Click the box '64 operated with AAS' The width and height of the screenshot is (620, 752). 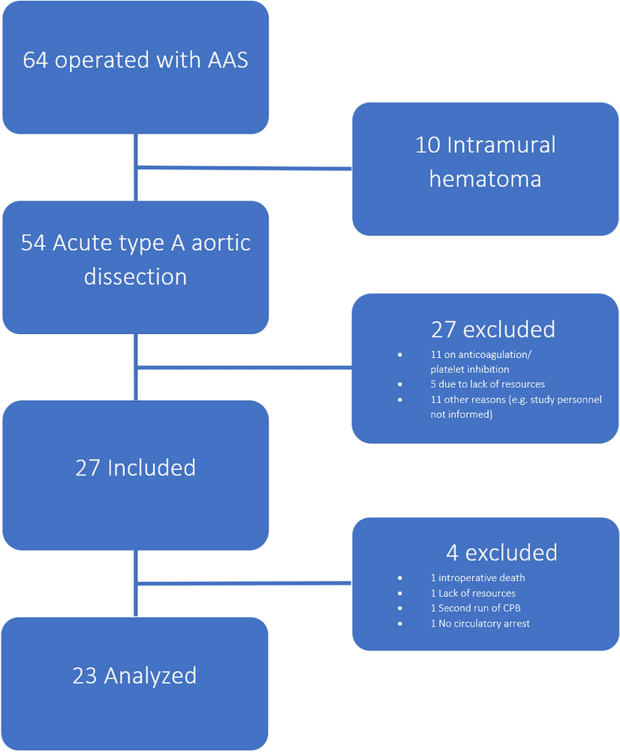coord(135,68)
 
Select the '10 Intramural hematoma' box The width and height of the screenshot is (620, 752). coord(485,169)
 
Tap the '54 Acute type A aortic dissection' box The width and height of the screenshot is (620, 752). coord(135,267)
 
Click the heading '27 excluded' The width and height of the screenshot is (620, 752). coord(492,329)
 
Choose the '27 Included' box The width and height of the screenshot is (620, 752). coord(135,474)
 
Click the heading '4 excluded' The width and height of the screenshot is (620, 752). coord(501,552)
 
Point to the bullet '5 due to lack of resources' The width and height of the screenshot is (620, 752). coord(487,384)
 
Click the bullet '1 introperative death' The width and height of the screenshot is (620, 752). coord(477,578)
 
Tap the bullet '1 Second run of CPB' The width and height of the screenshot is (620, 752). coord(475,608)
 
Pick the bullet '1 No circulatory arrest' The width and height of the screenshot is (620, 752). coord(480,623)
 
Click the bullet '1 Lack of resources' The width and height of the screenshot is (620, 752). coord(473,593)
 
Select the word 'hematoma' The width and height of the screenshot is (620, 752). coord(485,179)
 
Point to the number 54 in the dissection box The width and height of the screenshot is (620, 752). coord(34,243)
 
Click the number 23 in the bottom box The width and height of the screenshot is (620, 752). coord(85,675)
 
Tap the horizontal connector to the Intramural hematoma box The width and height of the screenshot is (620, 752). coord(244,168)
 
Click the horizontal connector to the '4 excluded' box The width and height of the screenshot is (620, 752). coord(244,582)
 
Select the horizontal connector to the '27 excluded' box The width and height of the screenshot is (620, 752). coord(244,368)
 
